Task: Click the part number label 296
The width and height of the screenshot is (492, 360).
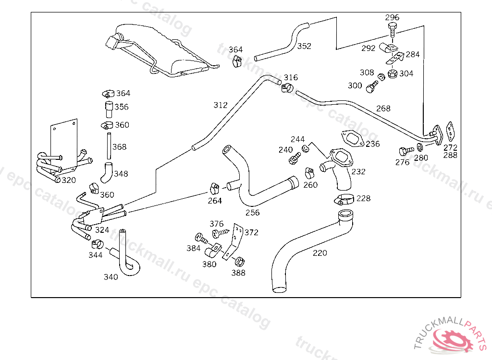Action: click(x=392, y=18)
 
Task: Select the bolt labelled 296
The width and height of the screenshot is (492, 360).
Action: click(x=393, y=30)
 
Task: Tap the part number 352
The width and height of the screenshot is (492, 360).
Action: click(x=304, y=46)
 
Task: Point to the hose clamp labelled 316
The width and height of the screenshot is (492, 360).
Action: click(x=287, y=88)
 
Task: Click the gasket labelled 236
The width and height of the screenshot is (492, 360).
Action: click(x=354, y=138)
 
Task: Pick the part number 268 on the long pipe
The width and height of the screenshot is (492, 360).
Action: click(x=383, y=108)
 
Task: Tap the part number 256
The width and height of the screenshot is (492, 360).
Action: click(x=252, y=213)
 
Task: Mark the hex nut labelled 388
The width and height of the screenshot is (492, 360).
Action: click(x=238, y=262)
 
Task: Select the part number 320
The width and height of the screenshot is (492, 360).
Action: click(x=69, y=180)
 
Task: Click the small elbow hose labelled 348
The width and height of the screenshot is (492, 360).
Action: click(x=107, y=171)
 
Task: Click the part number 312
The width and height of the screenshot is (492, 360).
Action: click(x=221, y=105)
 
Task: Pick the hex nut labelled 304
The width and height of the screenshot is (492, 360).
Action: click(x=392, y=74)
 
